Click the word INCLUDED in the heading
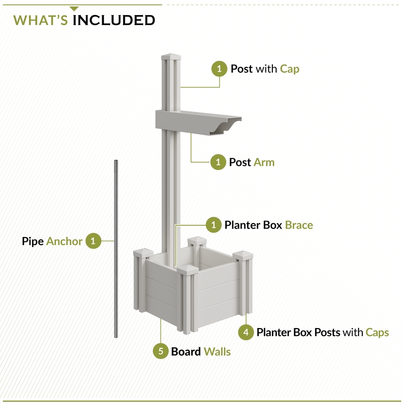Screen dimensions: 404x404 [x=114, y=20]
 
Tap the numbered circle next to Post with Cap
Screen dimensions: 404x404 [x=219, y=69]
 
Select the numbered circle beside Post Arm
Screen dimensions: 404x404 [x=218, y=162]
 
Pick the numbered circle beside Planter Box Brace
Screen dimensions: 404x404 [x=214, y=225]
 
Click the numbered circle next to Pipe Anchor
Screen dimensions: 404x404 [x=93, y=241]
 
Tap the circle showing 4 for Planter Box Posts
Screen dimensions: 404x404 [x=246, y=332]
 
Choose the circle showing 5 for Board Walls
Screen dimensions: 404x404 [x=161, y=352]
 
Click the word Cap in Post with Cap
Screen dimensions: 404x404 [x=289, y=69]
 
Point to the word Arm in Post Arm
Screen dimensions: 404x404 [x=264, y=162]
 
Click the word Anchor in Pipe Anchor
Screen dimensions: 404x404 [x=64, y=241]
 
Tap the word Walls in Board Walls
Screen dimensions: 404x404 [x=217, y=352]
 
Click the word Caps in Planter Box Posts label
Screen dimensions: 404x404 [x=377, y=332]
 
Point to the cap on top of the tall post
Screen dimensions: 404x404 [x=171, y=56]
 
